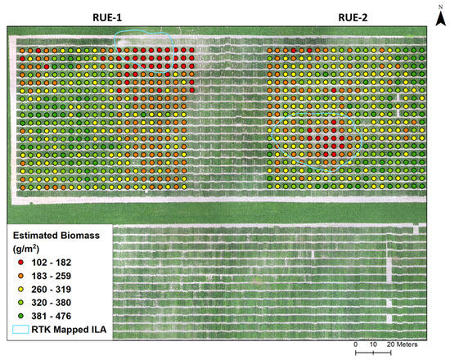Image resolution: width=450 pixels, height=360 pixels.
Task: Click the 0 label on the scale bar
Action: point(356,344)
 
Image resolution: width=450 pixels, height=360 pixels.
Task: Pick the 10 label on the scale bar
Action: point(373,344)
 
